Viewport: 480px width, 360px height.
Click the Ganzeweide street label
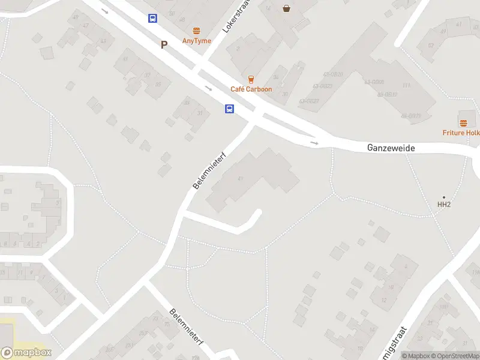pyautogui.click(x=391, y=148)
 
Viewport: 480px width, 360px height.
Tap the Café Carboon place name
pyautogui.click(x=251, y=89)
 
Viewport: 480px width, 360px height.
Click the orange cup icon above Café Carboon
pyautogui.click(x=251, y=79)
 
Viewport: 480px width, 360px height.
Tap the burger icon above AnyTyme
pyautogui.click(x=196, y=31)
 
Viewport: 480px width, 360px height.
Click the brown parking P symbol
pyautogui.click(x=164, y=44)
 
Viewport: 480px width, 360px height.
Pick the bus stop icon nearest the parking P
pyautogui.click(x=153, y=18)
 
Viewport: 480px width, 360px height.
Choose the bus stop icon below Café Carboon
pyautogui.click(x=230, y=109)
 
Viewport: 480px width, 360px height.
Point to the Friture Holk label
pyautogui.click(x=461, y=133)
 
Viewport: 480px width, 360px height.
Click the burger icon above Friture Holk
pyautogui.click(x=463, y=123)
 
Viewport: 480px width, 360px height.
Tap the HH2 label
pyautogui.click(x=443, y=205)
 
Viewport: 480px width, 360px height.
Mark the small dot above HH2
pyautogui.click(x=444, y=197)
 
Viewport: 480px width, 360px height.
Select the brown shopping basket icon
pyautogui.click(x=286, y=8)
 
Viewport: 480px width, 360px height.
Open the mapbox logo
pyautogui.click(x=26, y=353)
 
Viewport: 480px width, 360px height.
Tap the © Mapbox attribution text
pyautogui.click(x=416, y=356)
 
